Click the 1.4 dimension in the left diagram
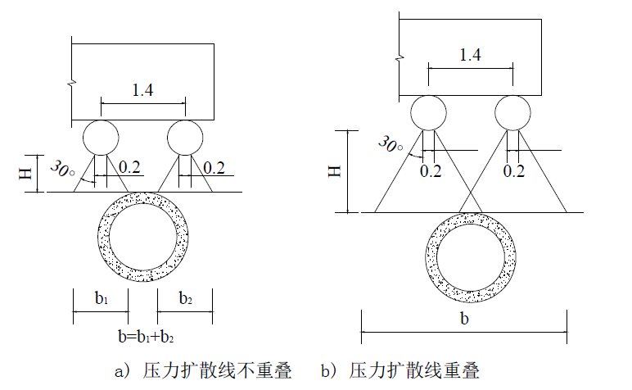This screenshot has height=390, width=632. tap(142, 90)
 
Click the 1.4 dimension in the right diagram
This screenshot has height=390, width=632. tap(470, 56)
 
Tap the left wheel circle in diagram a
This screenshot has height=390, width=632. tap(101, 135)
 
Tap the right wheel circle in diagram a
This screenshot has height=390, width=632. tap(185, 135)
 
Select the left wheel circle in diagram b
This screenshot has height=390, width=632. tap(428, 112)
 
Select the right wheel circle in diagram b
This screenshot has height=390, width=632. tap(512, 112)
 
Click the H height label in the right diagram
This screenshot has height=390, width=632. tap(333, 170)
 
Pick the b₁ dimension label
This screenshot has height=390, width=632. tap(101, 299)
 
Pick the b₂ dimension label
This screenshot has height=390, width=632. tap(187, 299)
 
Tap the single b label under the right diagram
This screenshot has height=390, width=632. tap(464, 319)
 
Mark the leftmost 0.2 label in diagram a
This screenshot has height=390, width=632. tap(129, 167)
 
